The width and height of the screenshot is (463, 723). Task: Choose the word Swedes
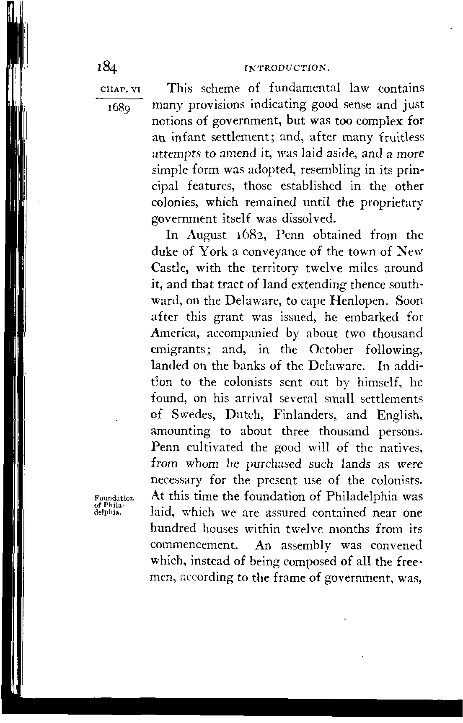point(194,415)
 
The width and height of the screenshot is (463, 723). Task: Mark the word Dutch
point(244,415)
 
